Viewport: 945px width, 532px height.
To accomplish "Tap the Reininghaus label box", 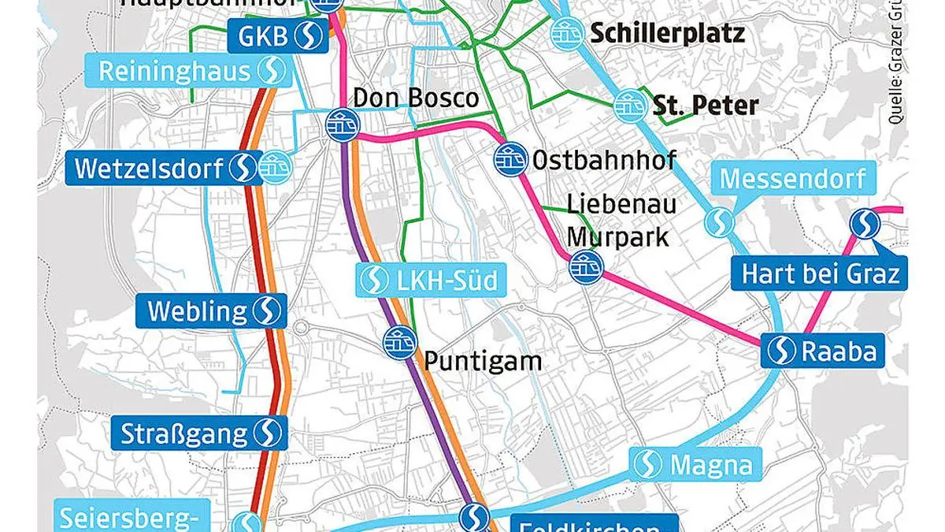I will click(x=193, y=71).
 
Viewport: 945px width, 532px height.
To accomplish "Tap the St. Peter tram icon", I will click(x=628, y=104).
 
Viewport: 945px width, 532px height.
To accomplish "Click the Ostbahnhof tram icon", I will click(x=510, y=159).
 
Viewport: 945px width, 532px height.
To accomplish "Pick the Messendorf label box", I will click(x=791, y=179).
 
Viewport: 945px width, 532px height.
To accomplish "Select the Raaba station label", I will click(x=823, y=350).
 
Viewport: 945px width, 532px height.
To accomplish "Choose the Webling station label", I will click(x=211, y=311).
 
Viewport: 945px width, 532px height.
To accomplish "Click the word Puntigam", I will click(x=483, y=361).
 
